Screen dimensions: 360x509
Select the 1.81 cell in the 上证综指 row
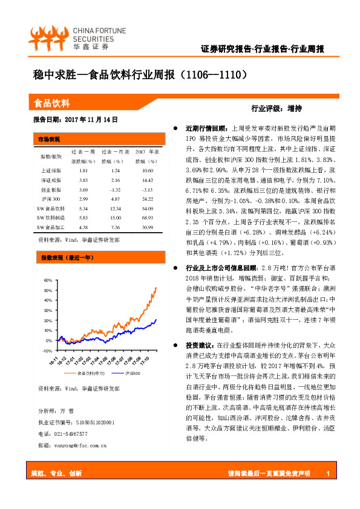pos(83,171)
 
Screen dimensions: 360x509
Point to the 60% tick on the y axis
pos(48,281)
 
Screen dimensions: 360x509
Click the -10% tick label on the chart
pos(48,350)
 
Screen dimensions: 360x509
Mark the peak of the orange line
pos(156,288)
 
